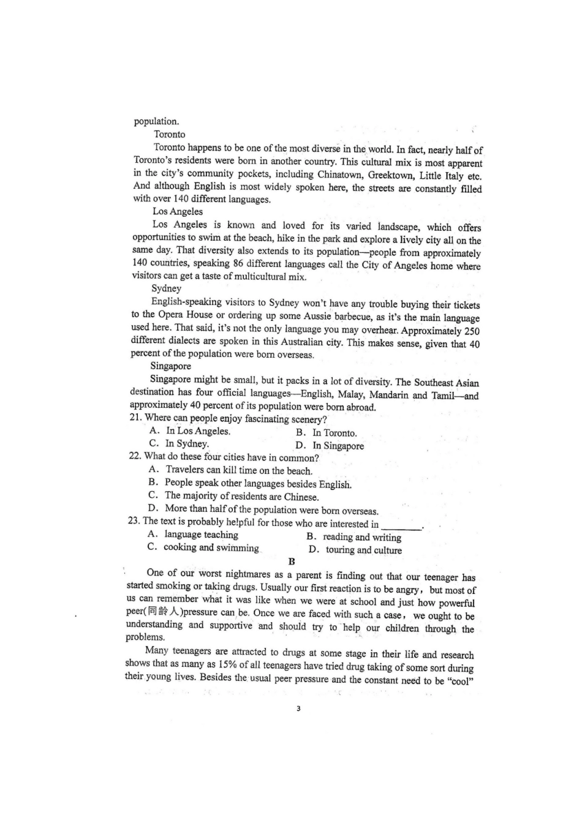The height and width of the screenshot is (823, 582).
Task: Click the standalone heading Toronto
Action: pos(169,134)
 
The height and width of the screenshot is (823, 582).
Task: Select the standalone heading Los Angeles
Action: pos(177,211)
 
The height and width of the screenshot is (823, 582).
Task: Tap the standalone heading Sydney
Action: pos(166,288)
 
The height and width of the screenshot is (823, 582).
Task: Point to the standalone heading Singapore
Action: pos(170,366)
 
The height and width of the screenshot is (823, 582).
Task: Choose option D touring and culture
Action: pos(356,550)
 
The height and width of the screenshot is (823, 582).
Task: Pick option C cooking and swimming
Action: pos(203,547)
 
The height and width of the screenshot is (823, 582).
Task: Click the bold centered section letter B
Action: pos(292,562)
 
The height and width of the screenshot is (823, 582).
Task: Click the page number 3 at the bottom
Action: pos(298,709)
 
